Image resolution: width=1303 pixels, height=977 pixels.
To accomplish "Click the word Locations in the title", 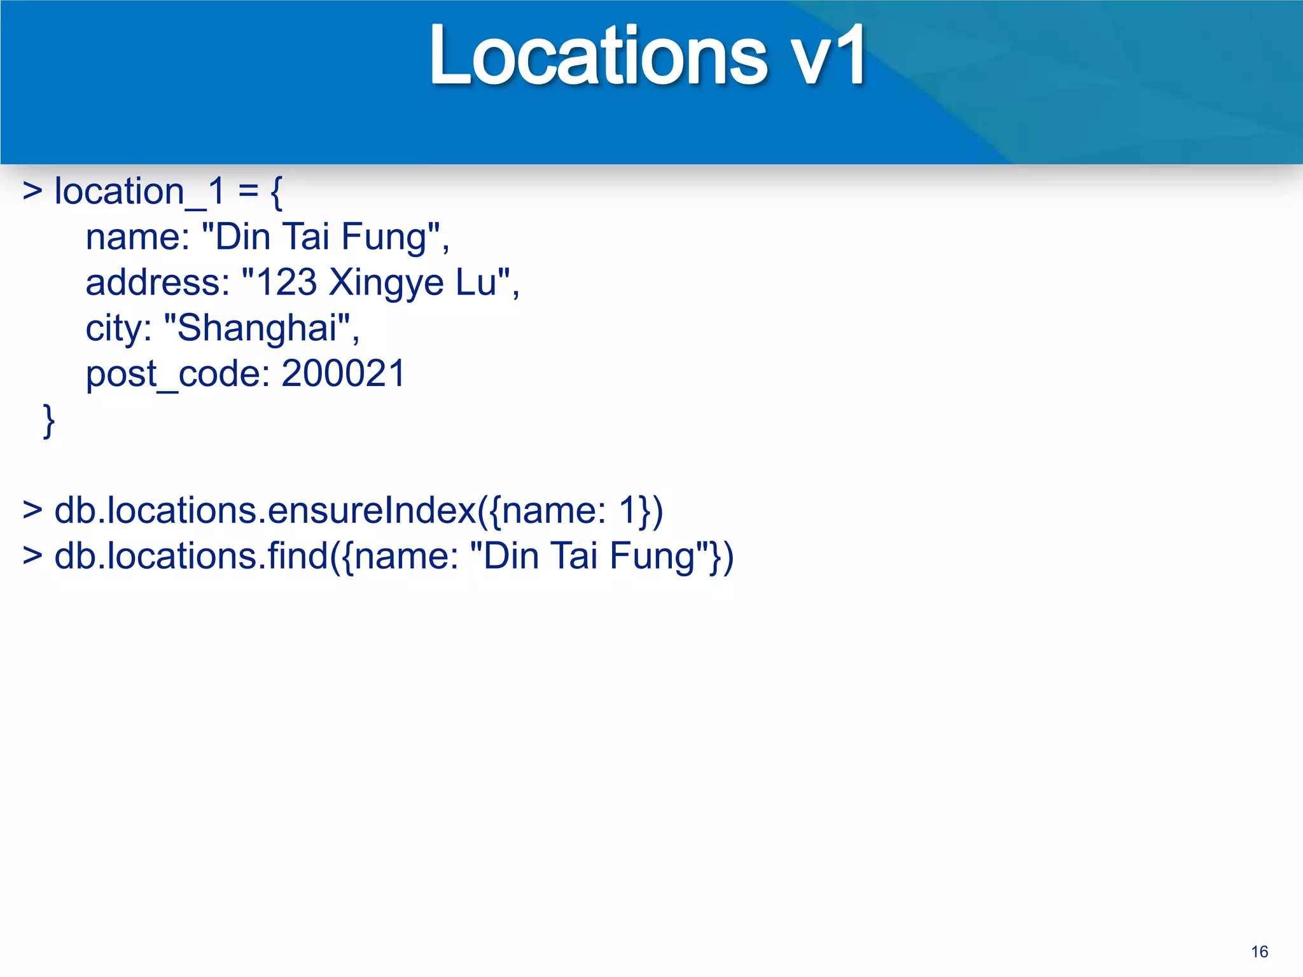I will (598, 56).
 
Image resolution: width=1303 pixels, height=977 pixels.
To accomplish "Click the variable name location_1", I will (139, 191).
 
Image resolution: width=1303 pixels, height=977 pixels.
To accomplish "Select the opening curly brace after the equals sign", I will (276, 193).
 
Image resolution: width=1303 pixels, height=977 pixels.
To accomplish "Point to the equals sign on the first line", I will (248, 191).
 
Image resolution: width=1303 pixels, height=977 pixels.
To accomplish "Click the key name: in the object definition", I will (137, 237).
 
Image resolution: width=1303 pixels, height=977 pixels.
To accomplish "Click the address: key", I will (157, 282).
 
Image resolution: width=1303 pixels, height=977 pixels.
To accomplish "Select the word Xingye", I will (386, 284).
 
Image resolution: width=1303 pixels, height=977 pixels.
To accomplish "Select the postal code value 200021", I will (343, 373).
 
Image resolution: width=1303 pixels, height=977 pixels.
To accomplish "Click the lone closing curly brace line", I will (49, 420).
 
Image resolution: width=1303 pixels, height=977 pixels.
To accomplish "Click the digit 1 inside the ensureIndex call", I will (629, 511).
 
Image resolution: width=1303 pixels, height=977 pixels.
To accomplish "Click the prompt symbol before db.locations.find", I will (32, 556).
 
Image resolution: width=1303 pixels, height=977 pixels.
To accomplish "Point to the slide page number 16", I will (1259, 952).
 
